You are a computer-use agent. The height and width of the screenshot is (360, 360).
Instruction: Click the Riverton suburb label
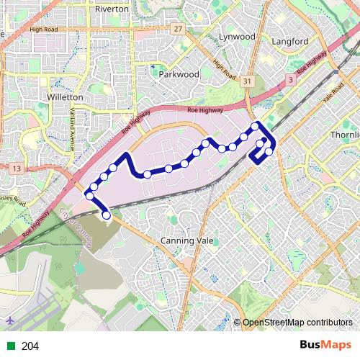coord(112,9)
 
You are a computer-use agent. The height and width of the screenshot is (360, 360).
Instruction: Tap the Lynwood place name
coord(238,36)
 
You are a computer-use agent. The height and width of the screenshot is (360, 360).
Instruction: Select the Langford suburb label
coord(290,42)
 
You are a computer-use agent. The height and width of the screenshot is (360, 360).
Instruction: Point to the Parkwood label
coord(179,73)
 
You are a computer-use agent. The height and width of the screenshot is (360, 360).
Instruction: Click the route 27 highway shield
coord(178,28)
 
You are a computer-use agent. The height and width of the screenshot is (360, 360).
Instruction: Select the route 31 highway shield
coord(247,81)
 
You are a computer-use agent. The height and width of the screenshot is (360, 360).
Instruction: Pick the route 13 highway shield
coord(17,168)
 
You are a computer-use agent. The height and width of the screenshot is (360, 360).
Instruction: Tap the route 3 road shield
coord(289,79)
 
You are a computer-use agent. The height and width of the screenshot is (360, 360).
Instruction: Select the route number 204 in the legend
coord(30,346)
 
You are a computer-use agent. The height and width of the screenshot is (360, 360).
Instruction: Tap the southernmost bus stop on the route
coord(107,215)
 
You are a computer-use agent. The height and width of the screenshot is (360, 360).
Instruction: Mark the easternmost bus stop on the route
coord(269,151)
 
